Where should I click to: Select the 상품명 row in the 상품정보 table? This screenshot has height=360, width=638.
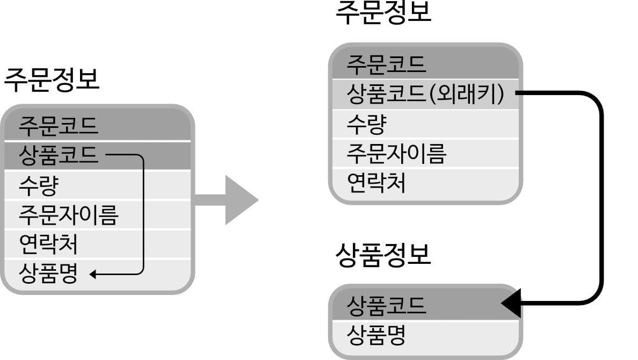[376, 335]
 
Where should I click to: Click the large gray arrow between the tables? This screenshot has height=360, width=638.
[231, 200]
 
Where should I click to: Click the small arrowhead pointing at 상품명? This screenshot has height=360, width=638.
[93, 275]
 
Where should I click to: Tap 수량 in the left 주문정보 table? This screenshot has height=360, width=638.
[38, 185]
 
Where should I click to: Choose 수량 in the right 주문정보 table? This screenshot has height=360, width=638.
[366, 125]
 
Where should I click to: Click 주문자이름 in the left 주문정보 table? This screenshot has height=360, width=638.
[68, 215]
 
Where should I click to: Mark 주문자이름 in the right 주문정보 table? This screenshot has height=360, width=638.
[396, 154]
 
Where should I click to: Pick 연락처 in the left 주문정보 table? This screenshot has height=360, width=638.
[48, 244]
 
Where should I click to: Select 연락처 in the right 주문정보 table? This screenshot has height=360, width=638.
[376, 183]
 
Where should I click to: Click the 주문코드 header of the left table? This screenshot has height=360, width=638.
[59, 126]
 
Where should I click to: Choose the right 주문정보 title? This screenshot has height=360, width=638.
[383, 13]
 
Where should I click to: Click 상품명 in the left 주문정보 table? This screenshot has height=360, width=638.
[48, 274]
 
